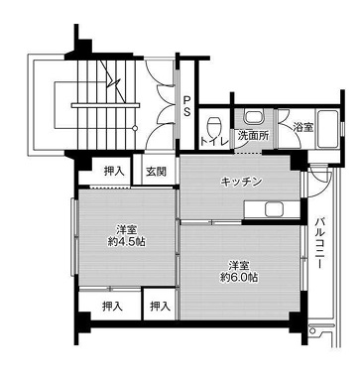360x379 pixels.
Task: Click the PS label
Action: pyautogui.click(x=186, y=107)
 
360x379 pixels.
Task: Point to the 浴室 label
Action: pyautogui.click(x=302, y=128)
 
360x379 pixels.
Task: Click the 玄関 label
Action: pyautogui.click(x=157, y=172)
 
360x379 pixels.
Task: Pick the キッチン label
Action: pyautogui.click(x=240, y=182)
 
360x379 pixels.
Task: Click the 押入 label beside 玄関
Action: pyautogui.click(x=114, y=172)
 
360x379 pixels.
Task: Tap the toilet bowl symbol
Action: pyautogui.click(x=214, y=125)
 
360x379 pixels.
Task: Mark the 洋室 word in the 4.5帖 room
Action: pyautogui.click(x=126, y=228)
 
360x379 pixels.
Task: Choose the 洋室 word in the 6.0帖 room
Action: pyautogui.click(x=237, y=264)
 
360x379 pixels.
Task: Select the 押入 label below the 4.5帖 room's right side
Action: pyautogui.click(x=158, y=308)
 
